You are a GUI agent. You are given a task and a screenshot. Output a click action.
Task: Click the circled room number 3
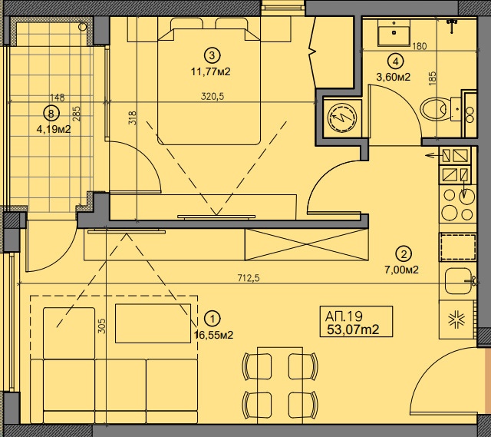click(x=212, y=55)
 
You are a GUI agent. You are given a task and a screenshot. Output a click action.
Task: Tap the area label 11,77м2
click(x=210, y=71)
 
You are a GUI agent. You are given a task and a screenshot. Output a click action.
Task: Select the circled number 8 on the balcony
click(x=51, y=113)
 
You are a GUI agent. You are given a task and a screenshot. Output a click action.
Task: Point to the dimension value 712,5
click(x=249, y=278)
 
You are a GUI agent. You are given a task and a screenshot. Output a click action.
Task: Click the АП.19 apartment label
click(x=344, y=316)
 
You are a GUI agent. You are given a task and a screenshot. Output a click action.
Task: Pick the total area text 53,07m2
click(x=353, y=329)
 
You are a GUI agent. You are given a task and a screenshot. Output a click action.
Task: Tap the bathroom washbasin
click(x=394, y=33)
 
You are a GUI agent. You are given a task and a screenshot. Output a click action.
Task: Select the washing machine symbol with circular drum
click(x=342, y=118)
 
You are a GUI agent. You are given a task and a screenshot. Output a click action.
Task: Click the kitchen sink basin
click(x=457, y=281)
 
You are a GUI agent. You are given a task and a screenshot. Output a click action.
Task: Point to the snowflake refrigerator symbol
click(x=457, y=320)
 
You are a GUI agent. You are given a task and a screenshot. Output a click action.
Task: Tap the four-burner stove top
click(x=457, y=204)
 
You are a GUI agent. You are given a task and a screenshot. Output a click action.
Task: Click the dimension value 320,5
click(x=213, y=96)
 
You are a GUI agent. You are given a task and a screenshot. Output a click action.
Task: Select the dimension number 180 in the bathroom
click(x=420, y=46)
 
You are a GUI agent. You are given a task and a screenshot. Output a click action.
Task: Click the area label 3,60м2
click(x=393, y=77)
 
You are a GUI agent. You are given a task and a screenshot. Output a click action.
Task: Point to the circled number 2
click(x=404, y=254)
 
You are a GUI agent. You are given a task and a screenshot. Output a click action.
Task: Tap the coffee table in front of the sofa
click(x=153, y=323)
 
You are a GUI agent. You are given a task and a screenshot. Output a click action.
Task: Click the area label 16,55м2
click(x=213, y=335)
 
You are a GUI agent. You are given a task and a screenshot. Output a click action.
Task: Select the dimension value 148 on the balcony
click(x=58, y=98)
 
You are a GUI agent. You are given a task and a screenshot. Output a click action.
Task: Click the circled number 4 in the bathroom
click(x=396, y=61)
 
